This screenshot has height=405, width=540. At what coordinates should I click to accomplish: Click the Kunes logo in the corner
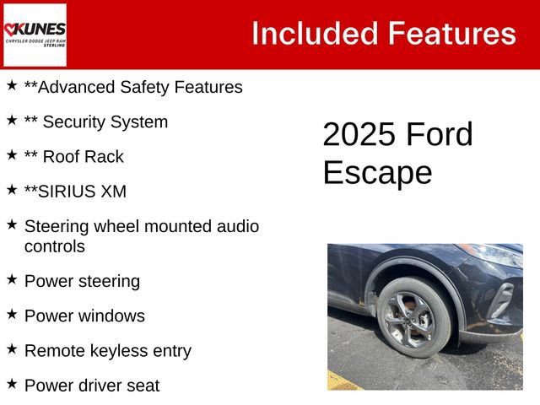pos(35,35)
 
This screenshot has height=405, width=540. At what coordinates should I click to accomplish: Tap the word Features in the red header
pos(451,34)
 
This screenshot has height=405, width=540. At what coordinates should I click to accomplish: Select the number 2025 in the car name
pos(359,135)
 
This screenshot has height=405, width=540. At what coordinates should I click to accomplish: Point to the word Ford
pos(439,135)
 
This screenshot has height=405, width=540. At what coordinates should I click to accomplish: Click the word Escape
pos(376,173)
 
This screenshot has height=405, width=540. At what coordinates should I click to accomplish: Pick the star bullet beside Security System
pos(12,121)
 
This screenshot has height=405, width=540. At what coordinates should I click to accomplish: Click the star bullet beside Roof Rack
pos(12,155)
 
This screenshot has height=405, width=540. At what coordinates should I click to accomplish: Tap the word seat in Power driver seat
pos(142,386)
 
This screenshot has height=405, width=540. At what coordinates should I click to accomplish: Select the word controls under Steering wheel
pos(55,246)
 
